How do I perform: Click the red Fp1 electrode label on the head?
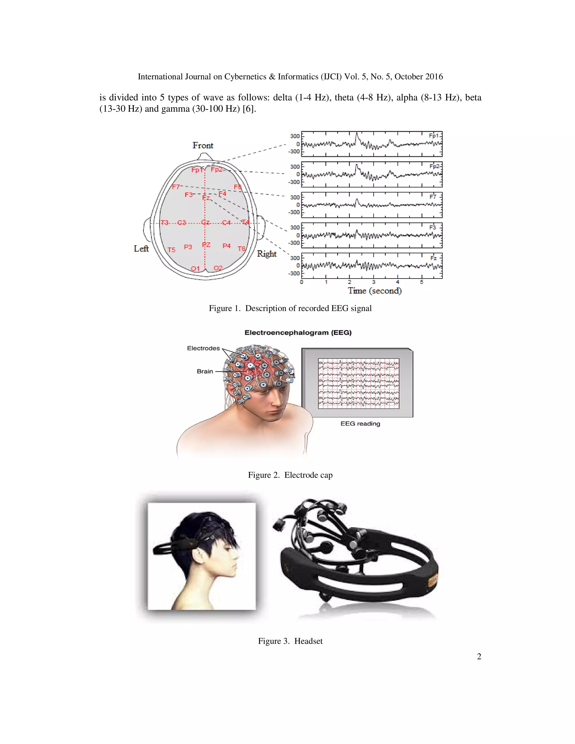[x=197, y=170]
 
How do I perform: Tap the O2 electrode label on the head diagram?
[x=218, y=268]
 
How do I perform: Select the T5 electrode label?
[x=171, y=250]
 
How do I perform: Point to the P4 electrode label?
[x=227, y=246]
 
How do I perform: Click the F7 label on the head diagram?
[x=176, y=187]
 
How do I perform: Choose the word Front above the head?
[x=203, y=145]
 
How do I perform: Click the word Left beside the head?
[x=141, y=249]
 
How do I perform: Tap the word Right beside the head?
[x=266, y=254]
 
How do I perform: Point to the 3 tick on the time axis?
[x=374, y=282]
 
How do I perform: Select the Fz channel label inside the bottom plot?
[x=433, y=258]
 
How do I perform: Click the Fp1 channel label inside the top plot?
[x=433, y=136]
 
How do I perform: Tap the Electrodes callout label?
[x=203, y=348]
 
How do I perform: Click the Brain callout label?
[x=205, y=371]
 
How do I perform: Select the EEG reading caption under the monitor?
[x=360, y=423]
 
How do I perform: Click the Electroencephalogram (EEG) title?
[x=298, y=332]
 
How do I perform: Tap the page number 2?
[x=479, y=656]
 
